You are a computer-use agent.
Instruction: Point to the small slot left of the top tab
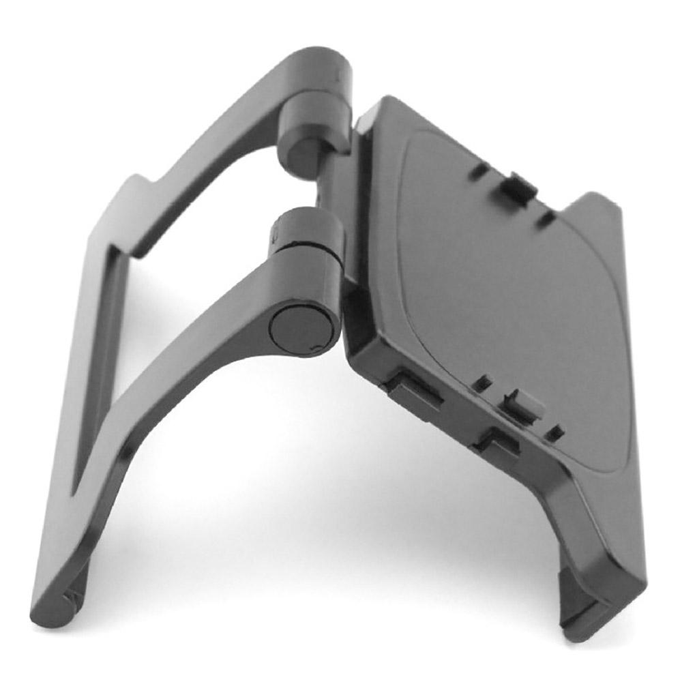(x=479, y=170)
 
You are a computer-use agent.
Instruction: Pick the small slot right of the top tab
(x=545, y=219)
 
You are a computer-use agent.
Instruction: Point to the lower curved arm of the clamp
(x=170, y=382)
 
